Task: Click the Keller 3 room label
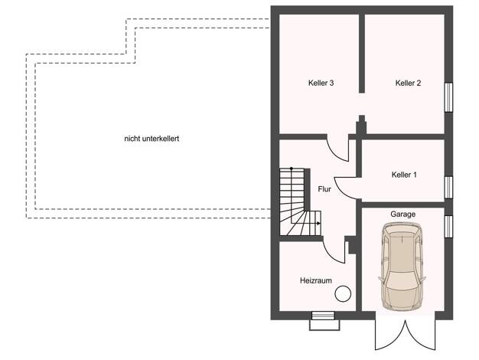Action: point(321,83)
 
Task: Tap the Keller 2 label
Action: point(408,83)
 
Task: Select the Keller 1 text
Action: point(404,175)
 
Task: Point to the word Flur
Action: point(324,189)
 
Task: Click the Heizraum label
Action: point(316,280)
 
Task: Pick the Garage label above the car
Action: point(403,214)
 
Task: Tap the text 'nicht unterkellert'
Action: point(152,139)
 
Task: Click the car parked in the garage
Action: point(402,267)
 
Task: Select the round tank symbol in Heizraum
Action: point(343,293)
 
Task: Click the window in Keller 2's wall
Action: point(448,97)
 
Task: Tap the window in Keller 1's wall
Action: point(448,188)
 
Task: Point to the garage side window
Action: point(448,226)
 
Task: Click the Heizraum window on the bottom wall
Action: point(323,316)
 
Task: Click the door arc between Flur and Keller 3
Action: point(334,153)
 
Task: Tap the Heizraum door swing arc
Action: point(331,254)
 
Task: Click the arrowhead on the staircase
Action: point(318,224)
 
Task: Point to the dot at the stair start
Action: point(292,169)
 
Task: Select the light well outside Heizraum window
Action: point(324,325)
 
